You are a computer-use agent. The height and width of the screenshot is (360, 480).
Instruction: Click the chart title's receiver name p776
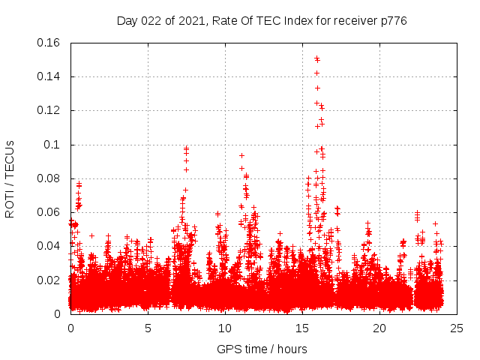point(392,21)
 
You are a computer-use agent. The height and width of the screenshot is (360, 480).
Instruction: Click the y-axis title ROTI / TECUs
point(10,178)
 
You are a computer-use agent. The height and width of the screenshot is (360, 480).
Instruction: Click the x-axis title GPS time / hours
point(262,349)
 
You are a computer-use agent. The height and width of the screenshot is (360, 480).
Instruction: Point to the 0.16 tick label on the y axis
point(49,43)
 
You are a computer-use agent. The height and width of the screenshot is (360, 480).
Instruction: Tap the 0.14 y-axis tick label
point(49,76)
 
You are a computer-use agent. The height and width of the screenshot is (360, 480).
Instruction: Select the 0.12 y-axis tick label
point(49,110)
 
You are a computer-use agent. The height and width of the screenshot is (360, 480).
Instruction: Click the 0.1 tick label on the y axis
point(54,145)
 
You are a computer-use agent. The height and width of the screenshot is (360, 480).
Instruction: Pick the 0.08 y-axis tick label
point(49,178)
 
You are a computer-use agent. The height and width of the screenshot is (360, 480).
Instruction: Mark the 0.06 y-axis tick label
point(49,212)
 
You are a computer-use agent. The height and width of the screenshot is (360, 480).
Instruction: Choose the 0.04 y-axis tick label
point(49,246)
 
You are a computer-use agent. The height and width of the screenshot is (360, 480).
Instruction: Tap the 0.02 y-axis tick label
point(49,280)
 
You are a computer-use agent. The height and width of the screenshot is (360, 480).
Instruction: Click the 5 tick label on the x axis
point(148,328)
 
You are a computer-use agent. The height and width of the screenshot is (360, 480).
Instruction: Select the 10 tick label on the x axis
point(225,328)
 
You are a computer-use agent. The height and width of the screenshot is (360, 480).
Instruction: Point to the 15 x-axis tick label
point(302,328)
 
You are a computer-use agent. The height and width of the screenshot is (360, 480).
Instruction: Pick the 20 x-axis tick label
point(379,328)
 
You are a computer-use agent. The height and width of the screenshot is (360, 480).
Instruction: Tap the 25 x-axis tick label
point(457,328)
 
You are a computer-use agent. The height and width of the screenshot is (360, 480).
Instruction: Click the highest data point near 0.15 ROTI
point(316,58)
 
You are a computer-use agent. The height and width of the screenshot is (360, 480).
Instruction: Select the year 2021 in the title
point(192,21)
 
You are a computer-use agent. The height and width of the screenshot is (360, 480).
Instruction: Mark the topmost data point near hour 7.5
point(187,148)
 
